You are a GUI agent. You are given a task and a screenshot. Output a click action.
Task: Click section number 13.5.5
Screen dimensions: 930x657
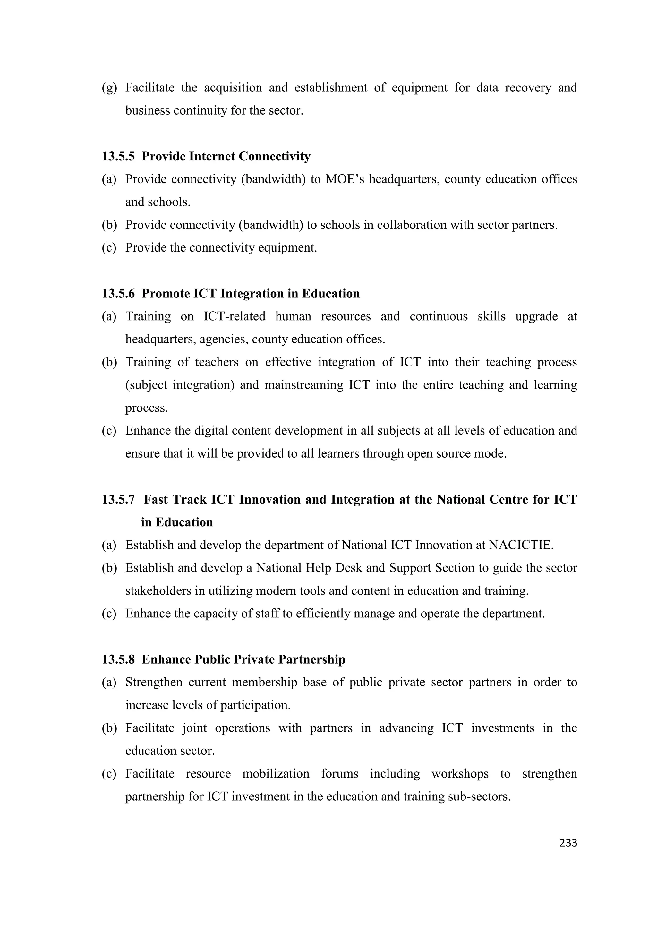118,156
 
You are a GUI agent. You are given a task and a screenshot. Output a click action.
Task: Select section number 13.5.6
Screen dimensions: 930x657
118,294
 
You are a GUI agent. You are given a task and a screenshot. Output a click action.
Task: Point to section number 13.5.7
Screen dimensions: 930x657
118,499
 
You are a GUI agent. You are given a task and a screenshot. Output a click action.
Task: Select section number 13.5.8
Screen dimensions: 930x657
118,659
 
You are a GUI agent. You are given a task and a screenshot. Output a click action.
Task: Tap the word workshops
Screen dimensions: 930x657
459,774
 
